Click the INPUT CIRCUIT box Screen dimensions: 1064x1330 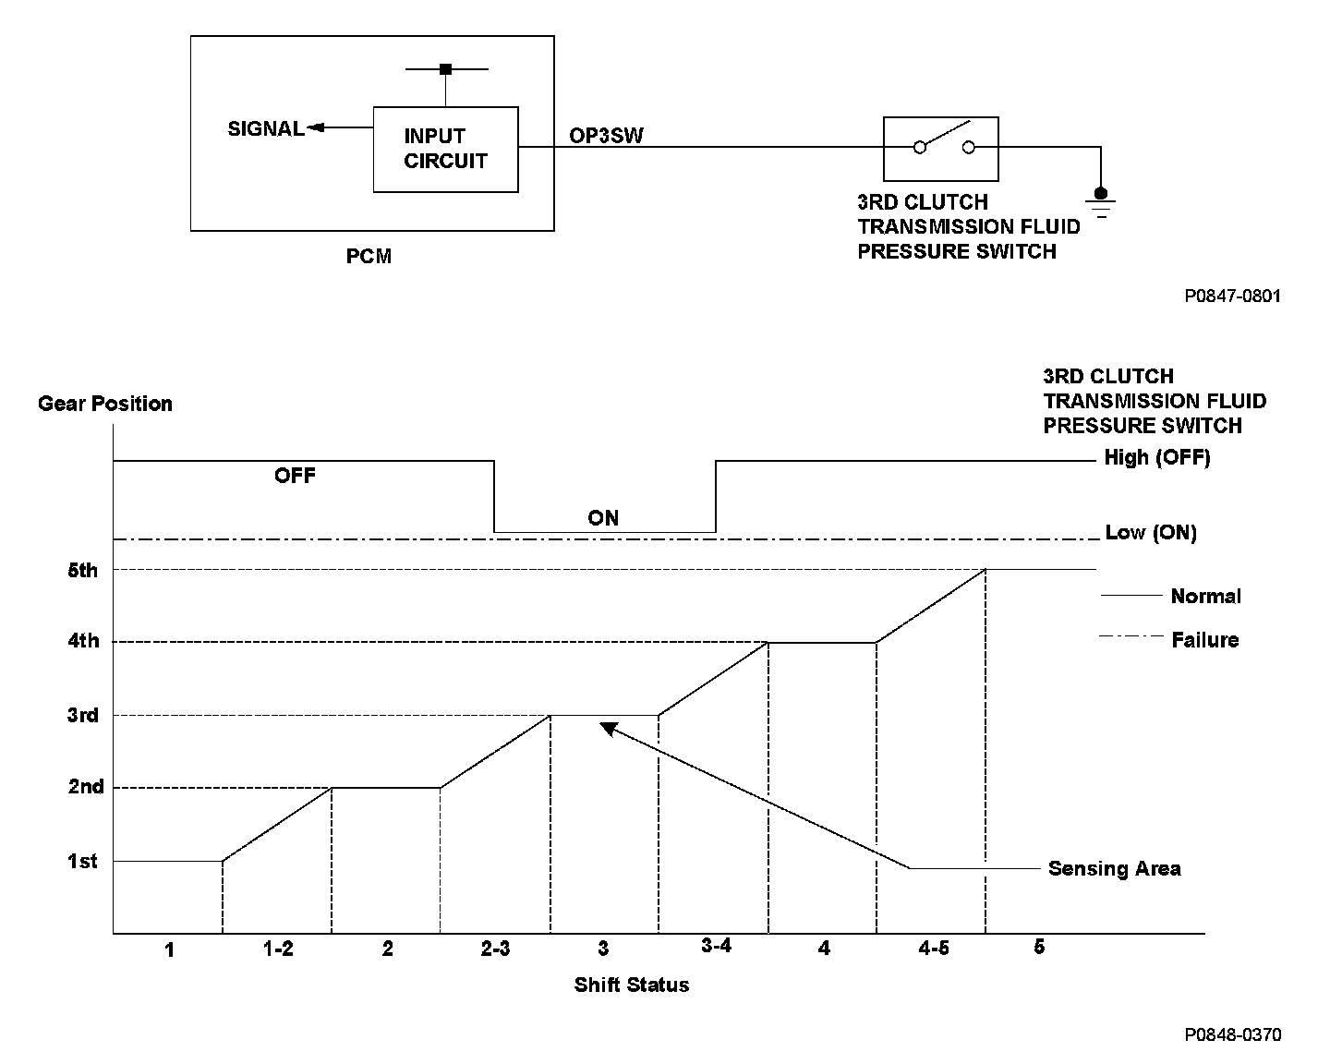pos(445,150)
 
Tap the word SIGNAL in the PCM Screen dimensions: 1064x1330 pos(266,129)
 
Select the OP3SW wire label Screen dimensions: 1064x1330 pos(606,135)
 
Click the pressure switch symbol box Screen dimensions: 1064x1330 pos(941,148)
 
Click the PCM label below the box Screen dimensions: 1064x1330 pos(369,256)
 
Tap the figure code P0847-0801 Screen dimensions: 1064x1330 pos(1233,296)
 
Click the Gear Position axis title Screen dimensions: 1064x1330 pos(105,404)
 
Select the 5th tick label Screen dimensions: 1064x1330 pos(82,570)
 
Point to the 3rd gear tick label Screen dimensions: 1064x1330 pos(82,715)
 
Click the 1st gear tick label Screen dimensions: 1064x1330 pos(82,861)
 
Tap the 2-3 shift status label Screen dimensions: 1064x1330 pos(495,949)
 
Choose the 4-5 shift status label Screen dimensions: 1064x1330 pos(934,949)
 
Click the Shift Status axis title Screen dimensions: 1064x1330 pos(632,985)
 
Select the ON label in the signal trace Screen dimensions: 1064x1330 pos(603,518)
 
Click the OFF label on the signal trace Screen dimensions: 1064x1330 pos(295,476)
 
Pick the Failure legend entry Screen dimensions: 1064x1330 pos(1204,640)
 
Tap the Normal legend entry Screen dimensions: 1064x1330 pos(1205,597)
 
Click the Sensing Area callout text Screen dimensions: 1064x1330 pos(1114,869)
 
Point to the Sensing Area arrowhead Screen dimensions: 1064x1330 pos(607,728)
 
